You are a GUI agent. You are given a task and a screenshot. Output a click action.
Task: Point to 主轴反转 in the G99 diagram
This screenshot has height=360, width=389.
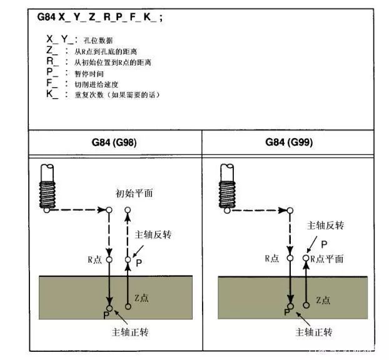[x=325, y=225]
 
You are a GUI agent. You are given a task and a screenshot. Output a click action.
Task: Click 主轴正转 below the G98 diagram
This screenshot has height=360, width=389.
[x=129, y=331]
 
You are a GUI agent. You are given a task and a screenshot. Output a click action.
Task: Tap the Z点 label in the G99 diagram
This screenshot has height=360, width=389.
[x=323, y=300]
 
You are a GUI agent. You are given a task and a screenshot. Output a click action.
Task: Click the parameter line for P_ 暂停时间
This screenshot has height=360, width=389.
[x=81, y=73]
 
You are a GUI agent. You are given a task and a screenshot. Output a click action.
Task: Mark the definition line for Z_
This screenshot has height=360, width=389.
[x=94, y=52]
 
